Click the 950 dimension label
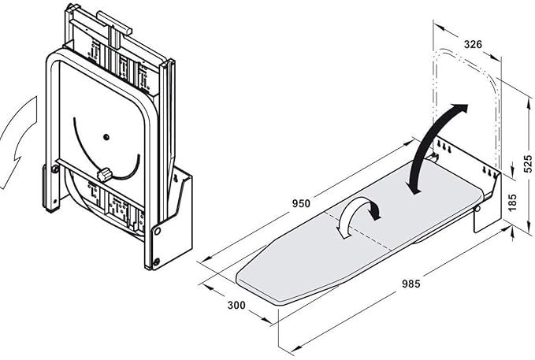click(x=301, y=204)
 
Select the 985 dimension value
click(x=411, y=284)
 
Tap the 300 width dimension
click(x=236, y=305)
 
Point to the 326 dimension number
click(x=473, y=44)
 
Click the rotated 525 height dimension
click(x=528, y=164)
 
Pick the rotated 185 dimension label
click(x=512, y=202)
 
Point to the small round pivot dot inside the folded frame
click(x=106, y=137)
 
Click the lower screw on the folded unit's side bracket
click(x=156, y=262)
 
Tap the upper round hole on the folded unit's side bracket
click(x=158, y=231)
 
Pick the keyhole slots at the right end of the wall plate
click(x=489, y=173)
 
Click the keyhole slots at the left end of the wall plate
click(x=444, y=147)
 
